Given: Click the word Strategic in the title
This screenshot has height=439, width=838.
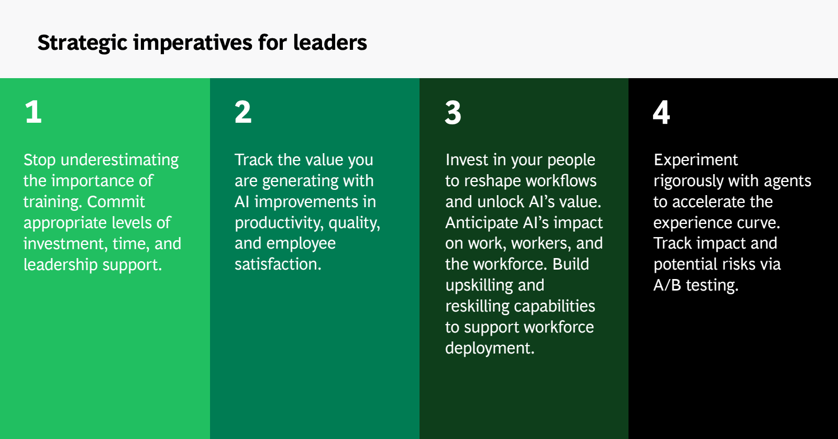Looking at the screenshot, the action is pyautogui.click(x=83, y=43).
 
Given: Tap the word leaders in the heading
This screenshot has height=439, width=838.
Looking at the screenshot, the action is pyautogui.click(x=330, y=42).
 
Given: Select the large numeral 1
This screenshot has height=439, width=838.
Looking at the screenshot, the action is pyautogui.click(x=34, y=112).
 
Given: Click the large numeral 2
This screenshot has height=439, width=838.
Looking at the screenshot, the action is pyautogui.click(x=243, y=112).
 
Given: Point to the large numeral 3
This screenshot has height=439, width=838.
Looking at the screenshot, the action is pyautogui.click(x=453, y=112).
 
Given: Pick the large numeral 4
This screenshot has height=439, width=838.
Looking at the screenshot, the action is pyautogui.click(x=661, y=112).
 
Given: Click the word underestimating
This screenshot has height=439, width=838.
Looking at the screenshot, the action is pyautogui.click(x=120, y=160).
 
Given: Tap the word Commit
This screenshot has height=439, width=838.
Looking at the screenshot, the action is pyautogui.click(x=116, y=201).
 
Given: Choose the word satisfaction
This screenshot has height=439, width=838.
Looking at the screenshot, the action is pyautogui.click(x=278, y=264).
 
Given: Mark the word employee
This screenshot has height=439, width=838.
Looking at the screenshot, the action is pyautogui.click(x=301, y=244).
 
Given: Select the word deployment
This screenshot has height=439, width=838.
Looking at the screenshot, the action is pyautogui.click(x=490, y=348).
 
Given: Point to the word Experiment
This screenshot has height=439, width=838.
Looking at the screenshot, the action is pyautogui.click(x=696, y=160).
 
